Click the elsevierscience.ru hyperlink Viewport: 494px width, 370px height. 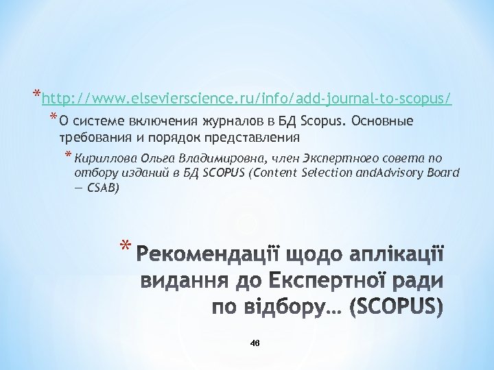(246, 99)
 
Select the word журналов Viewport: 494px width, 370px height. (226, 122)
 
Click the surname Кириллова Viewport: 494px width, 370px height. (102, 158)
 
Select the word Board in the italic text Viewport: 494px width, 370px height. (442, 172)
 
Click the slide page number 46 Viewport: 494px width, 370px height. (255, 343)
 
